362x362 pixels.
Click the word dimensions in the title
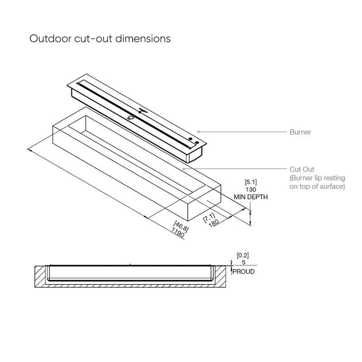(143, 38)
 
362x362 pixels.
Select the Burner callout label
(300, 133)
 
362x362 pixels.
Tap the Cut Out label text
(302, 170)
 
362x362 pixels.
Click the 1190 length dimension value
(178, 233)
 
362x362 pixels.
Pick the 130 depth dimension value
(250, 190)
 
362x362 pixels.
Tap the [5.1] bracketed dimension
(250, 183)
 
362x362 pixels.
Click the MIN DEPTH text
(251, 197)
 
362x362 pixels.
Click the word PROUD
(244, 272)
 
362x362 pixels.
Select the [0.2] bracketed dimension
(243, 255)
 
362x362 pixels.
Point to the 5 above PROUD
(243, 262)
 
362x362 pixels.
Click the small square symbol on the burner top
(131, 117)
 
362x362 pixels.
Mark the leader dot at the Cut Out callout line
(183, 168)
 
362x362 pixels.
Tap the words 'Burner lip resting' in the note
(316, 178)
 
